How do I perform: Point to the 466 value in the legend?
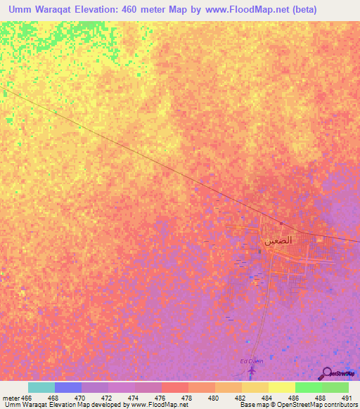(x=27, y=397)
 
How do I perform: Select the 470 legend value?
(x=81, y=397)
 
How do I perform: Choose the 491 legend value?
(x=347, y=397)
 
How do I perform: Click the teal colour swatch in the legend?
(x=41, y=387)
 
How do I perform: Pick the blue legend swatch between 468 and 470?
(x=67, y=387)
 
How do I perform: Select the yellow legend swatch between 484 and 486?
(x=281, y=387)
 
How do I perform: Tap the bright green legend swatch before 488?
(x=308, y=387)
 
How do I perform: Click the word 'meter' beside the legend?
(x=11, y=397)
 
